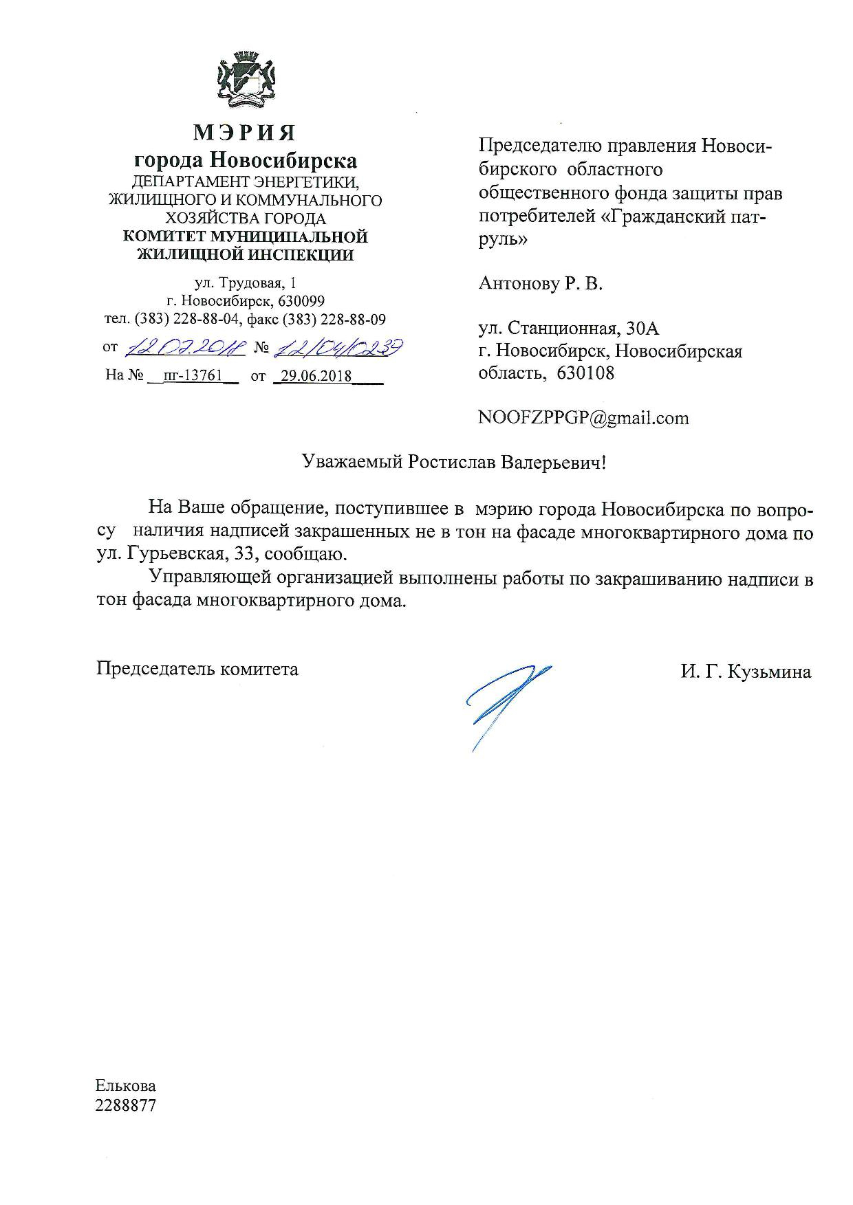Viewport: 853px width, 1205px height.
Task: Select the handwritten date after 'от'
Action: (x=184, y=349)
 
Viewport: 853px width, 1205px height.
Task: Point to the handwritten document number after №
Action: (x=338, y=349)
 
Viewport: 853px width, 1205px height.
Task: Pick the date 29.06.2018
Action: (x=314, y=376)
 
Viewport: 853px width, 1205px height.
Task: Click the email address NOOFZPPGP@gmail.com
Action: (x=583, y=418)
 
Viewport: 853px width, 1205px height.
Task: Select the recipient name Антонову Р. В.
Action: (x=541, y=283)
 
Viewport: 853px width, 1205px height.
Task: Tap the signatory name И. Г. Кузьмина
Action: (x=746, y=672)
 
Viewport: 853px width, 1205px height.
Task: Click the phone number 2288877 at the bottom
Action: (x=126, y=1106)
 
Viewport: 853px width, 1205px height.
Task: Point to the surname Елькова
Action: (x=126, y=1086)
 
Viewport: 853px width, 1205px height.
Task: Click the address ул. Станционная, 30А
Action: (x=569, y=329)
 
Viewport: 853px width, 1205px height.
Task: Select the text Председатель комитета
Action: (x=197, y=669)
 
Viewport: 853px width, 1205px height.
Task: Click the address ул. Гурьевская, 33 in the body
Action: (x=177, y=554)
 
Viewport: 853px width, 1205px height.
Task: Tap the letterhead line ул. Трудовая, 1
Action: (x=246, y=283)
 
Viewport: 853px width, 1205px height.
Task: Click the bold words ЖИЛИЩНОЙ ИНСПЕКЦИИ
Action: (x=246, y=255)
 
